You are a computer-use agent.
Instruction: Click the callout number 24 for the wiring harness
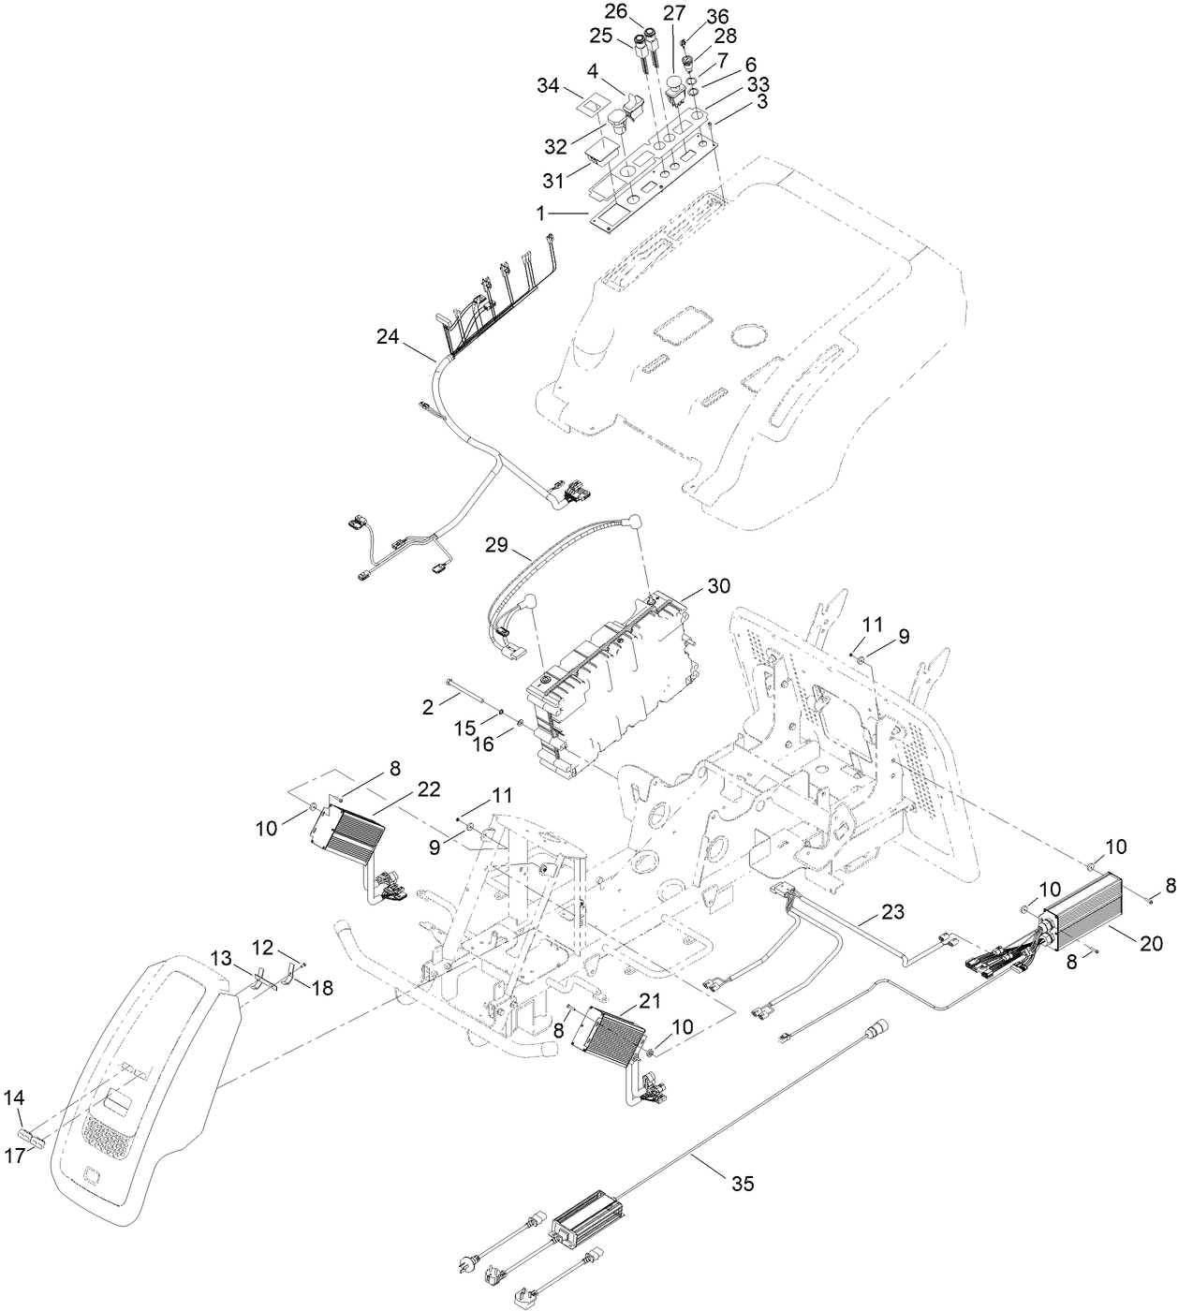tap(388, 335)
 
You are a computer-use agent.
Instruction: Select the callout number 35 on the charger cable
tap(742, 1184)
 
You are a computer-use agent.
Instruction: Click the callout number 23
tap(892, 911)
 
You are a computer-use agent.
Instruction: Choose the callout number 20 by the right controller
tap(1151, 945)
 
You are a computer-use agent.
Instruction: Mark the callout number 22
tap(429, 789)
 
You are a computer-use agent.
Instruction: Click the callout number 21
tap(649, 1001)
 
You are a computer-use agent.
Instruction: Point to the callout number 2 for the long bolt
tap(427, 708)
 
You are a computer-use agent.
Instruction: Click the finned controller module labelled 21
tap(611, 1042)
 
